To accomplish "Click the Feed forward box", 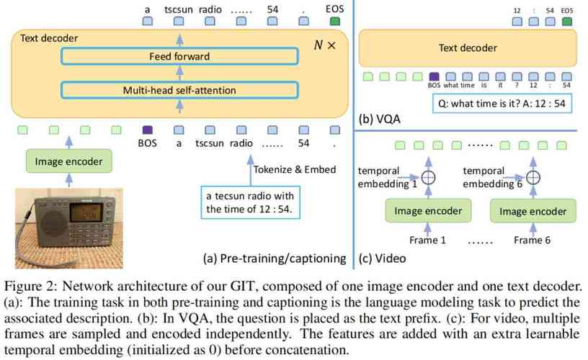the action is pyautogui.click(x=179, y=56).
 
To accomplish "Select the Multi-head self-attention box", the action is pyautogui.click(x=179, y=90).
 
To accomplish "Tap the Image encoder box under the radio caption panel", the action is pyautogui.click(x=69, y=161).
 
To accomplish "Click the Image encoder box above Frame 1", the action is pyautogui.click(x=428, y=211).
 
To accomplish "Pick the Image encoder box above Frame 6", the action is pyautogui.click(x=533, y=211).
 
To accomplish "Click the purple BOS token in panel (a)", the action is pyautogui.click(x=148, y=130).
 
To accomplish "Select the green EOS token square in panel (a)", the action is pyautogui.click(x=334, y=21).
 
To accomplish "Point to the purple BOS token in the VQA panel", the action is pyautogui.click(x=434, y=77).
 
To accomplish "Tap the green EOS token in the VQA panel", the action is pyautogui.click(x=567, y=22).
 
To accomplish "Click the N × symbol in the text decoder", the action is pyautogui.click(x=325, y=45).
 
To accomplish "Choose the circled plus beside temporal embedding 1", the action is pyautogui.click(x=428, y=177).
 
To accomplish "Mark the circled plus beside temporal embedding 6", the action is pyautogui.click(x=533, y=177).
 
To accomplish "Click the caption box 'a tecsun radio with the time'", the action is pyautogui.click(x=251, y=202).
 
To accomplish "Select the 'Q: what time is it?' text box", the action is pyautogui.click(x=502, y=104).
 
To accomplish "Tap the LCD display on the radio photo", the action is pyautogui.click(x=86, y=212).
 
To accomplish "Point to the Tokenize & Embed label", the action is pyautogui.click(x=295, y=170).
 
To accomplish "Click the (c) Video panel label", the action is pyautogui.click(x=382, y=258).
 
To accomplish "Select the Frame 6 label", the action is pyautogui.click(x=532, y=240).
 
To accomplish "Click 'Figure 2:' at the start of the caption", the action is pyautogui.click(x=31, y=287).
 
